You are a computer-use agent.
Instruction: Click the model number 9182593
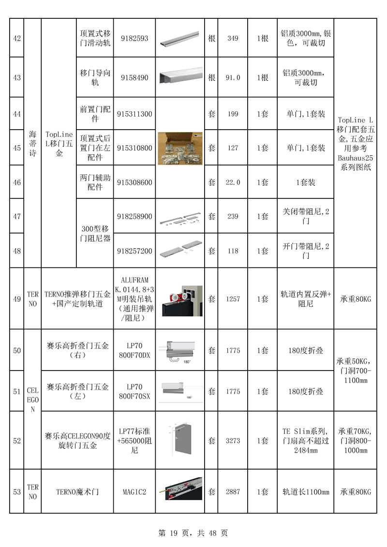click(x=134, y=38)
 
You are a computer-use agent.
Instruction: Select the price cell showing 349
click(x=233, y=38)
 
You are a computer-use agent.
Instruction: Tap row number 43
click(x=17, y=77)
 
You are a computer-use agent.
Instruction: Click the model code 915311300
click(x=134, y=114)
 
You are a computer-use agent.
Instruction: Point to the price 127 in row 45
click(x=233, y=148)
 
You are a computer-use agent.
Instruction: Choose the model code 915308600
click(x=134, y=182)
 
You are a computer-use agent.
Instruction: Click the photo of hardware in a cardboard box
click(x=180, y=148)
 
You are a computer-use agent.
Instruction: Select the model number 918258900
click(x=134, y=216)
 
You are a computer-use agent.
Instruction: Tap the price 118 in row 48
click(x=233, y=251)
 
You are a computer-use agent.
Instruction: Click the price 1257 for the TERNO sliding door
click(x=233, y=299)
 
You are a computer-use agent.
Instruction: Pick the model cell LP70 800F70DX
click(x=134, y=350)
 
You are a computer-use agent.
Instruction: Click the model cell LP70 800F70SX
click(x=134, y=391)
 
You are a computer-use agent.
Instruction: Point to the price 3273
click(x=233, y=441)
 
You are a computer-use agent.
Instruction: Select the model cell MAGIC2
click(x=134, y=492)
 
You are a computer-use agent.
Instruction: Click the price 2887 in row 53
click(x=233, y=492)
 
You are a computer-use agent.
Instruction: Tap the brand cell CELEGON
click(x=32, y=399)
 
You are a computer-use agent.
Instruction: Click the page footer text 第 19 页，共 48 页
click(x=193, y=533)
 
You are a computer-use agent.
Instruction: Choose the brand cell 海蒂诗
click(x=32, y=143)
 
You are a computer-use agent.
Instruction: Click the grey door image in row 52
click(x=180, y=440)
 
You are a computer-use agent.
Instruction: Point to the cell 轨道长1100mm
click(x=306, y=492)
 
